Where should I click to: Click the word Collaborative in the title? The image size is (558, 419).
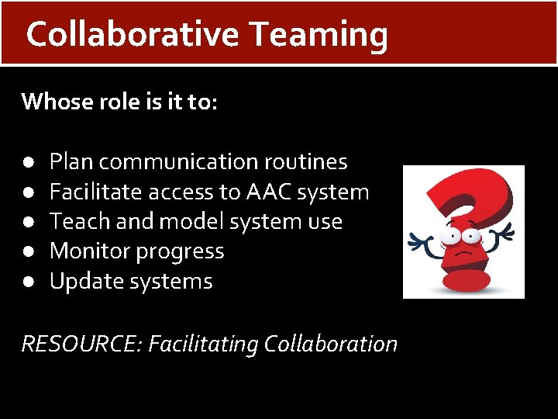tap(133, 34)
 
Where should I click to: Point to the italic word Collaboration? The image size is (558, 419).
tap(331, 343)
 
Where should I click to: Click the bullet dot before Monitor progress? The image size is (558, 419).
tap(27, 251)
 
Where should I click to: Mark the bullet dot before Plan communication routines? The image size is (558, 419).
tap(27, 162)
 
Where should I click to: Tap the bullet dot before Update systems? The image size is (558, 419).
tap(27, 282)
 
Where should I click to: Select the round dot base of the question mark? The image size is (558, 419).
tap(466, 279)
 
